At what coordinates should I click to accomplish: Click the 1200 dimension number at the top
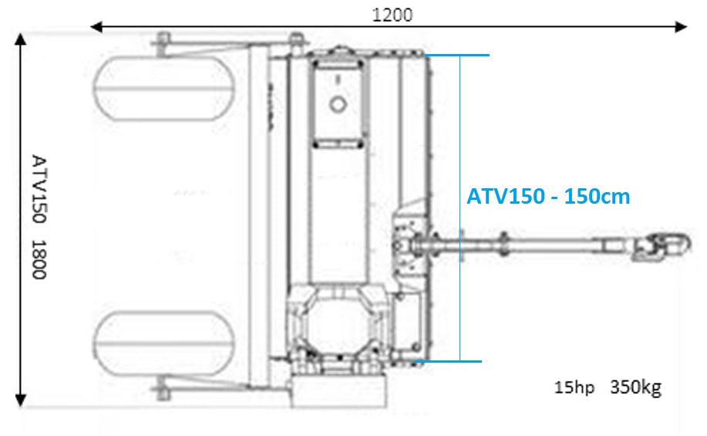pos(392,15)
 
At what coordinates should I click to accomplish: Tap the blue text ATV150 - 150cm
pos(548,196)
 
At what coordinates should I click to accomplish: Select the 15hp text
pos(574,387)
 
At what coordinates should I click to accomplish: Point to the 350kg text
pos(636,387)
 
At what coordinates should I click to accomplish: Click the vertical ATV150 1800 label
pos(39,217)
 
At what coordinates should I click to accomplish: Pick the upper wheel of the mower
pos(164,89)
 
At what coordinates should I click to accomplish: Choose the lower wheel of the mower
pos(164,343)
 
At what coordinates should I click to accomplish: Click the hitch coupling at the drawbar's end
pos(662,246)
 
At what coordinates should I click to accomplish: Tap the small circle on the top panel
pos(337,105)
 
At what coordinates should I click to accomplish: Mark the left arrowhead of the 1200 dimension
pos(96,27)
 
